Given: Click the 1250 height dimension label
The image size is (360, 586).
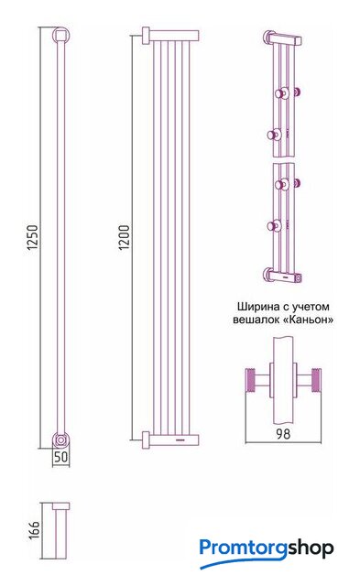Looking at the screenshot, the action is [33, 237].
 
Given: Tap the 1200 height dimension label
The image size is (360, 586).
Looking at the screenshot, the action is [124, 238].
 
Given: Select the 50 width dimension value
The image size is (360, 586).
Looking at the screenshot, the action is [60, 458].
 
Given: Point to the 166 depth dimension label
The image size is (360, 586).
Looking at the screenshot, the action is [34, 530].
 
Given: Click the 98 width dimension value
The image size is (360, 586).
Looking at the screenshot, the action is [283, 433].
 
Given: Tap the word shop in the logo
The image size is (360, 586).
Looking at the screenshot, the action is [311, 548].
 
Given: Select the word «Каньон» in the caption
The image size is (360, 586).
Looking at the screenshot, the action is [309, 320].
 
